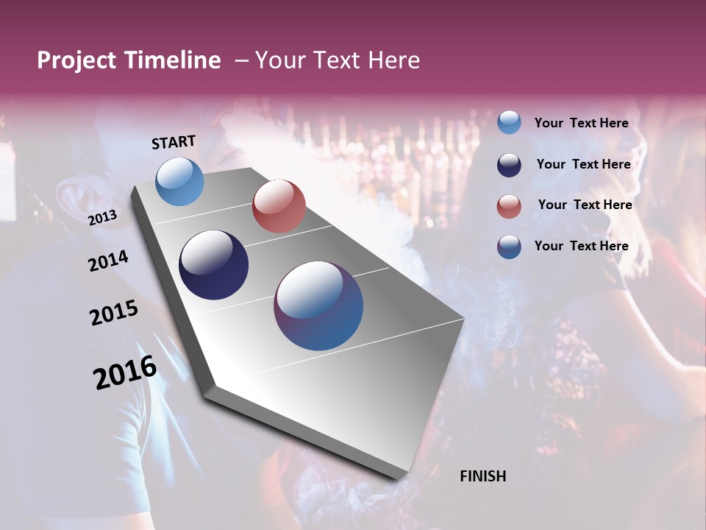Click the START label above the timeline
[x=174, y=142]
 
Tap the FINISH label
[x=482, y=476]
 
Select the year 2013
[x=102, y=218]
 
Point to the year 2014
[x=108, y=261]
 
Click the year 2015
[x=113, y=314]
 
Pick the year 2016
[x=125, y=372]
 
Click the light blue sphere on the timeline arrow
[x=180, y=181]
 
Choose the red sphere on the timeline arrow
[x=279, y=206]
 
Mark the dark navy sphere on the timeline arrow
[x=214, y=265]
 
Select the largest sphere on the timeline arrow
[x=318, y=305]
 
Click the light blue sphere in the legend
[x=509, y=122]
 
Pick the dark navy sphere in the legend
[x=509, y=165]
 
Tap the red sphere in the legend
[x=509, y=205]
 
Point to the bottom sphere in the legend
[x=509, y=247]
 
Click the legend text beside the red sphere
[x=585, y=205]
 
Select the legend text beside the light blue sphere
[x=581, y=123]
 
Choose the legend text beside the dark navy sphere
[x=583, y=164]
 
